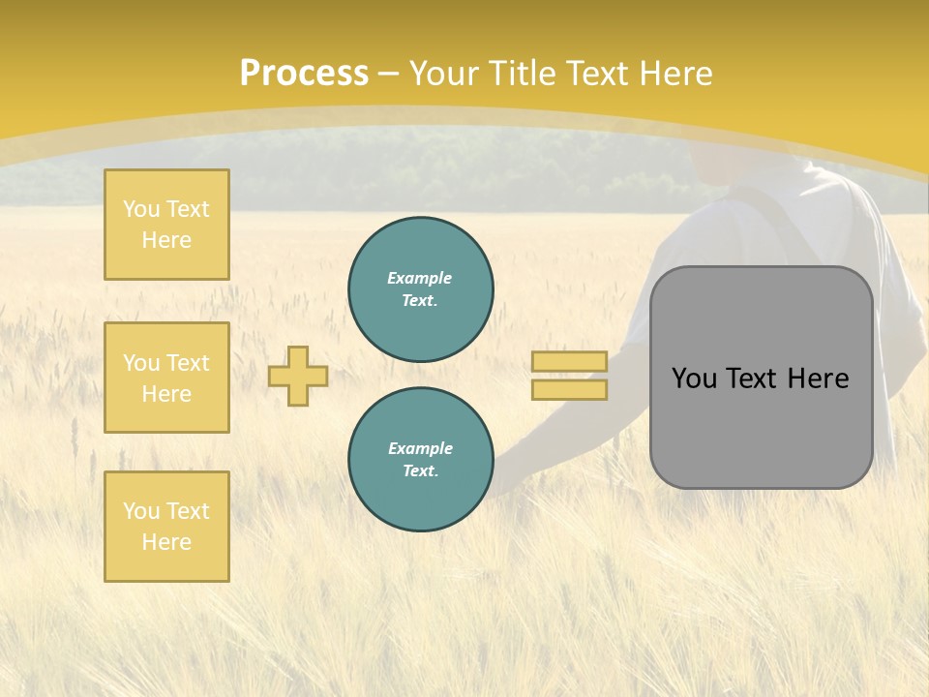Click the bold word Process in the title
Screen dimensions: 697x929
coord(304,74)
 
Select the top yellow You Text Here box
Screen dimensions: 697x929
coord(166,225)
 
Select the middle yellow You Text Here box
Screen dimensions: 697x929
coord(166,378)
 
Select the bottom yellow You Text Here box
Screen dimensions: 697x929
coord(166,527)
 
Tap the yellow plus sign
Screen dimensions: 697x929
coord(298,376)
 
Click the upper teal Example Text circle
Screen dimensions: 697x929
coord(420,289)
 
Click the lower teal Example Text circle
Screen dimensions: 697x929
coord(420,460)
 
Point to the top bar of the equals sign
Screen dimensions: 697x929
coord(569,361)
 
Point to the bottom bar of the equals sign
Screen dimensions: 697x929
coord(569,390)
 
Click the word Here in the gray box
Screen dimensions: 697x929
coord(819,379)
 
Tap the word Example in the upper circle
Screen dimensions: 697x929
coord(420,278)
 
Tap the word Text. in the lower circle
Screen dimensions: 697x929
coord(420,471)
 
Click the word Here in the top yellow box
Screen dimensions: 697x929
coord(166,240)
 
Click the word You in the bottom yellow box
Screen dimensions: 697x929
coord(141,511)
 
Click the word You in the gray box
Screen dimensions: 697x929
coord(694,379)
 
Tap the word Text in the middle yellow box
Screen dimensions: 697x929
coord(187,363)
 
